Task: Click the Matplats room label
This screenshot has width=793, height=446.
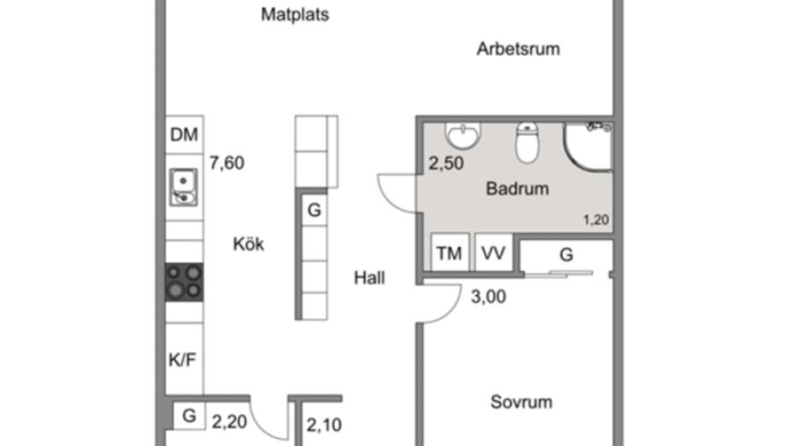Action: click(x=295, y=15)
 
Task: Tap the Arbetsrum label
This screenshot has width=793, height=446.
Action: click(x=518, y=49)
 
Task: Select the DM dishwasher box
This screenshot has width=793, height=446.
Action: click(x=184, y=136)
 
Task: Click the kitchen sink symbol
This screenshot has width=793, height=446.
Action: click(x=184, y=186)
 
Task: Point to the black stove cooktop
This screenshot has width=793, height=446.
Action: click(x=184, y=282)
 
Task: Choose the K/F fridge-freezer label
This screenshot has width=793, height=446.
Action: click(x=183, y=359)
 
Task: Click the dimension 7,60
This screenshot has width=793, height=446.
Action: click(x=226, y=162)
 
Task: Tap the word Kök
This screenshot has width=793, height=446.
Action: click(x=248, y=244)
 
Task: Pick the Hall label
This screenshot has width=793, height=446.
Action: click(x=369, y=278)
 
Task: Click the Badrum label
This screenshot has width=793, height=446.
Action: click(x=517, y=189)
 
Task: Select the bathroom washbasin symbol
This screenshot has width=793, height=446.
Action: click(x=463, y=136)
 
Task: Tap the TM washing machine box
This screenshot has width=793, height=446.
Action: click(x=449, y=255)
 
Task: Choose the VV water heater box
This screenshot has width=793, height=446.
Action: click(x=493, y=255)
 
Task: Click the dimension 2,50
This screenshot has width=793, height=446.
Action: click(x=446, y=164)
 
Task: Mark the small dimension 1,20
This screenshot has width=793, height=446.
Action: click(x=597, y=220)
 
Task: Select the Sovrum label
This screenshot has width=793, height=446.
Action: click(x=521, y=403)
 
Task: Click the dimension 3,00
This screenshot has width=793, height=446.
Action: click(x=488, y=297)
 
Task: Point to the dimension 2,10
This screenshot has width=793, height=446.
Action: click(x=323, y=425)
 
